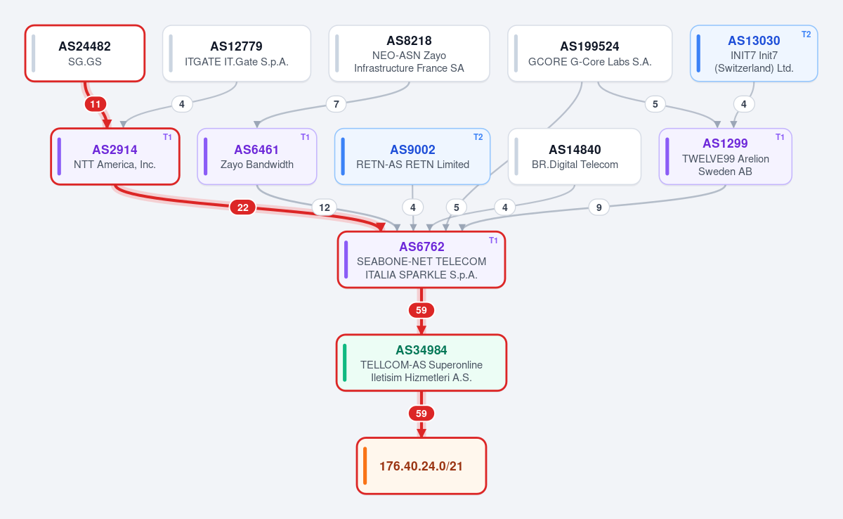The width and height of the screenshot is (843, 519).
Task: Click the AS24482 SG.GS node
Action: click(x=85, y=53)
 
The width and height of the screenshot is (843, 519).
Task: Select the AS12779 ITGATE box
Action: click(x=237, y=53)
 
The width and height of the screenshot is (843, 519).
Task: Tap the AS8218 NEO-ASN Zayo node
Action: click(x=409, y=53)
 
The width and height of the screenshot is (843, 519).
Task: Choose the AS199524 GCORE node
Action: click(x=589, y=53)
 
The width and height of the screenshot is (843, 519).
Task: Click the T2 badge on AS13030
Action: click(x=806, y=34)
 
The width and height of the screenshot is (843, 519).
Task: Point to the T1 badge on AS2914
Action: click(x=167, y=137)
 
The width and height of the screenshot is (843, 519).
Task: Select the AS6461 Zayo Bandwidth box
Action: click(x=257, y=156)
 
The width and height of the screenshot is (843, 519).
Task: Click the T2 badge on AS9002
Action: click(x=478, y=137)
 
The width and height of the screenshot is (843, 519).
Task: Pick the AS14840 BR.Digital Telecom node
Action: click(x=575, y=156)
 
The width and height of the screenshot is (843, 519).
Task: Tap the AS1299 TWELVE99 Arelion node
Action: click(x=726, y=156)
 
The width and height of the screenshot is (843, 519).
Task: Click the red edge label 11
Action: click(x=96, y=104)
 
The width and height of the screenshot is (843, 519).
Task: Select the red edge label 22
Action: click(x=243, y=207)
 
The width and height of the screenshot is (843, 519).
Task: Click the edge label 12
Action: click(x=325, y=207)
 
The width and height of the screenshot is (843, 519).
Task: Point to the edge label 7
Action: click(x=336, y=104)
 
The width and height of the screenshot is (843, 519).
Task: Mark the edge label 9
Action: click(x=599, y=207)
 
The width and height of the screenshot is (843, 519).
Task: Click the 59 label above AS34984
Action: click(x=421, y=310)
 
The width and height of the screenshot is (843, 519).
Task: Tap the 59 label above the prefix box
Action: click(x=421, y=414)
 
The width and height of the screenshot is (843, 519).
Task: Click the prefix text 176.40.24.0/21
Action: click(x=421, y=466)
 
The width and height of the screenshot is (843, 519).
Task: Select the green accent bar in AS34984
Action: click(x=345, y=363)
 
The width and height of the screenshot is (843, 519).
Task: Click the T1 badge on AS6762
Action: click(x=493, y=241)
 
